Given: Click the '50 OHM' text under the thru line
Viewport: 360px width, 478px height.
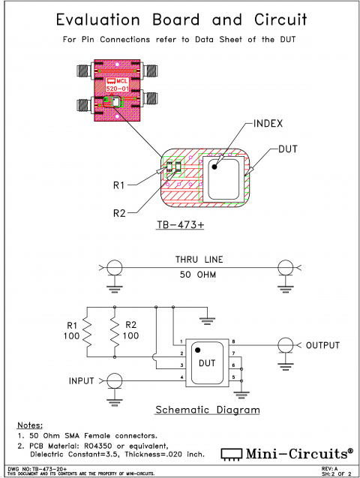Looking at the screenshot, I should (195, 275).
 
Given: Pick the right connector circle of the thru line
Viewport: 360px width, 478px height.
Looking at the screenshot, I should (285, 268).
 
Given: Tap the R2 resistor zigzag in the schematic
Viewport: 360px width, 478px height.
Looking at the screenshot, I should (113, 330).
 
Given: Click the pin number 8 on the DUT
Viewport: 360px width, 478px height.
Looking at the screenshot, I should (233, 342).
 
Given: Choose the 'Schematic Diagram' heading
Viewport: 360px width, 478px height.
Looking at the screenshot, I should (207, 410).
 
